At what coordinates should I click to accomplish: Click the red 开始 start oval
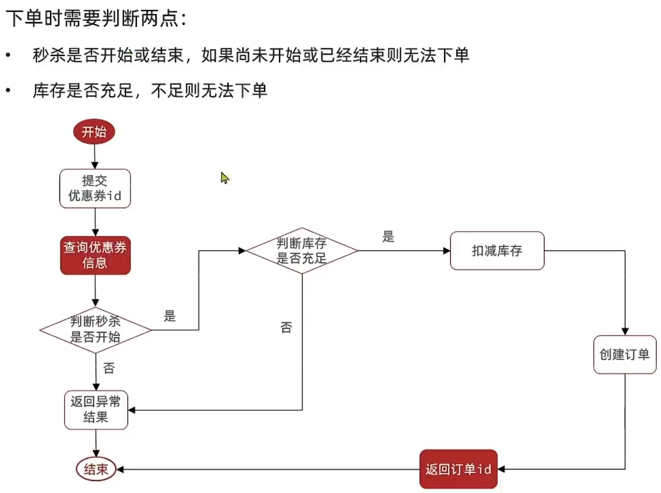pyautogui.click(x=94, y=132)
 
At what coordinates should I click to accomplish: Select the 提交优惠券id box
pyautogui.click(x=95, y=188)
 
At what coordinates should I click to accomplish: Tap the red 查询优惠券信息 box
pyautogui.click(x=95, y=255)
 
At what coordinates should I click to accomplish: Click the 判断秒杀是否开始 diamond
pyautogui.click(x=95, y=330)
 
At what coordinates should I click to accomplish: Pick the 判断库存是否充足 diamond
pyautogui.click(x=302, y=250)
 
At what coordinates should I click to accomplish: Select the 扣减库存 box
pyautogui.click(x=497, y=250)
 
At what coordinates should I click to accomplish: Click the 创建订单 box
pyautogui.click(x=624, y=355)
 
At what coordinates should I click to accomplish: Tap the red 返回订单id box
pyautogui.click(x=458, y=469)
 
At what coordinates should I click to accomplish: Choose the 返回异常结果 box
pyautogui.click(x=96, y=410)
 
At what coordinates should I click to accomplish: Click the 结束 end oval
pyautogui.click(x=96, y=469)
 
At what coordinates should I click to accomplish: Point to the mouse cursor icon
pyautogui.click(x=225, y=177)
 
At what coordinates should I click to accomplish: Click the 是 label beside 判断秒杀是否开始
pyautogui.click(x=170, y=316)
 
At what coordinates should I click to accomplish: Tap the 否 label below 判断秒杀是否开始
pyautogui.click(x=109, y=368)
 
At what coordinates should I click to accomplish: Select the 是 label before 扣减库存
pyautogui.click(x=388, y=237)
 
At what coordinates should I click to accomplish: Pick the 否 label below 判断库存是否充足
pyautogui.click(x=286, y=327)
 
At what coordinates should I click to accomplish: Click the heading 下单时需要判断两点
pyautogui.click(x=96, y=19)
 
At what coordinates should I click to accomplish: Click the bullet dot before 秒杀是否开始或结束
pyautogui.click(x=8, y=55)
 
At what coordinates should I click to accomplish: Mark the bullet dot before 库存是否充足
pyautogui.click(x=8, y=90)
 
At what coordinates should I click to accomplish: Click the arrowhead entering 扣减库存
pyautogui.click(x=447, y=251)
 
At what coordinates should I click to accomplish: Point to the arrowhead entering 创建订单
pyautogui.click(x=625, y=331)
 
